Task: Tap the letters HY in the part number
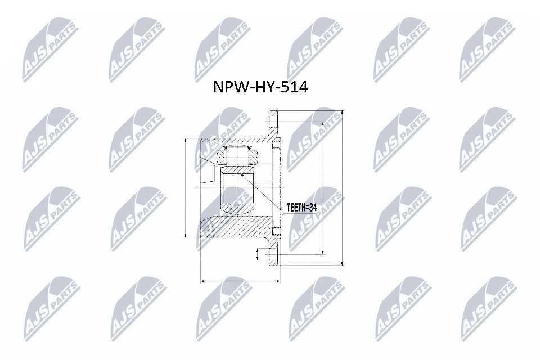[263, 88]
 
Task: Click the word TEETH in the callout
[296, 208]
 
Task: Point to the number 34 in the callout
[313, 208]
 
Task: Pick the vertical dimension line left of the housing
[186, 187]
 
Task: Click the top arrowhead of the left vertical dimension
[186, 140]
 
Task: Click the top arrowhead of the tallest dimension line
[341, 112]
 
